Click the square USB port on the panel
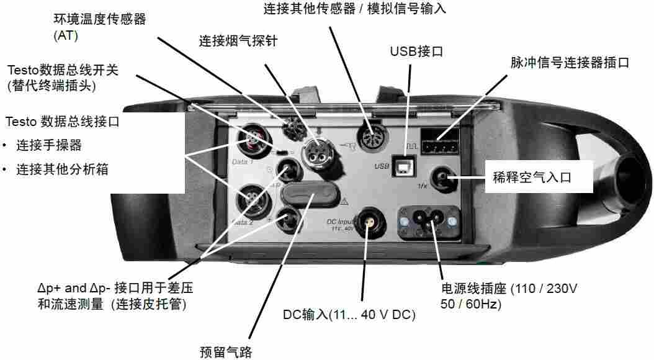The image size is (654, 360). pyautogui.click(x=404, y=166)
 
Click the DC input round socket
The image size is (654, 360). pyautogui.click(x=368, y=223)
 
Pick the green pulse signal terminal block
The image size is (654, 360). pyautogui.click(x=440, y=142)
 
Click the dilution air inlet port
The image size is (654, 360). pyautogui.click(x=443, y=179)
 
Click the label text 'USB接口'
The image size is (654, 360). pyautogui.click(x=417, y=52)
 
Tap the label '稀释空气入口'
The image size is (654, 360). pyautogui.click(x=532, y=178)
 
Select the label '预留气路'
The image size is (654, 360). pyautogui.click(x=226, y=352)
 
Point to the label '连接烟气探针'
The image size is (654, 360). pyautogui.click(x=238, y=41)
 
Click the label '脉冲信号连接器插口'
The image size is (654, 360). pyautogui.click(x=570, y=63)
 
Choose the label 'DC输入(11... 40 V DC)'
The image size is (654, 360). pyautogui.click(x=349, y=314)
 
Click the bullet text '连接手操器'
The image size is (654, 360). pyautogui.click(x=49, y=145)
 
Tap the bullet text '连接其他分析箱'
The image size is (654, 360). pyautogui.click(x=62, y=169)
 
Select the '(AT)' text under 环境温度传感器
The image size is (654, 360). pyautogui.click(x=66, y=35)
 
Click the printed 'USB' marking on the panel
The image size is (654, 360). pyautogui.click(x=382, y=166)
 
